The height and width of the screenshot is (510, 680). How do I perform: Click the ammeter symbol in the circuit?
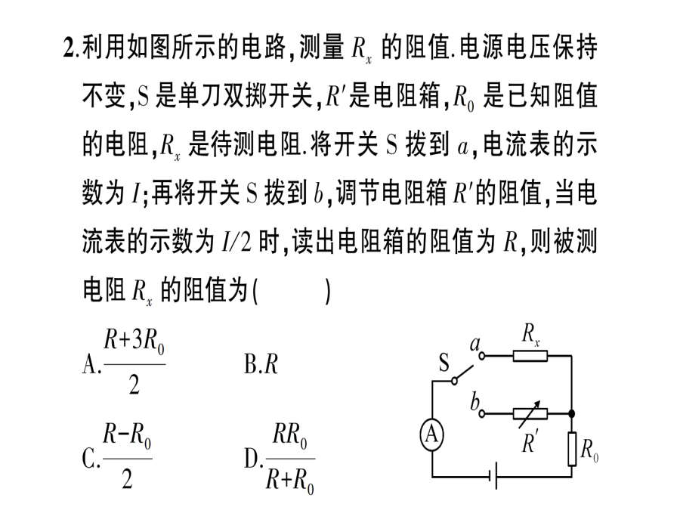pyautogui.click(x=432, y=434)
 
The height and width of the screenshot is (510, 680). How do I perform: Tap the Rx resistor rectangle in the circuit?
pyautogui.click(x=530, y=356)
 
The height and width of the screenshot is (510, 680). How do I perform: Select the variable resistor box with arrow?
pyautogui.click(x=530, y=414)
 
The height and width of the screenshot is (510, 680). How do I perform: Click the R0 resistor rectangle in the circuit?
pyautogui.click(x=572, y=449)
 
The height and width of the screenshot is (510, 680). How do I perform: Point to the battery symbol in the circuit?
pyautogui.click(x=493, y=477)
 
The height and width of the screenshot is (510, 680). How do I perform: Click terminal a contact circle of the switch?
pyautogui.click(x=482, y=356)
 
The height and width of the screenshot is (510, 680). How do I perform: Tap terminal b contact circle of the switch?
pyautogui.click(x=482, y=414)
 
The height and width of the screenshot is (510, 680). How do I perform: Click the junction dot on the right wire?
pyautogui.click(x=572, y=414)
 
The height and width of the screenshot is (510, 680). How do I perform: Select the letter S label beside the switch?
pyautogui.click(x=444, y=362)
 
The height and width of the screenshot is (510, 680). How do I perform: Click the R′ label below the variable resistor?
pyautogui.click(x=530, y=441)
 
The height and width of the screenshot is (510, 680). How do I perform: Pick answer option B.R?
pyautogui.click(x=261, y=363)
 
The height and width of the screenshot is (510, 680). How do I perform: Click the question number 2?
pyautogui.click(x=69, y=48)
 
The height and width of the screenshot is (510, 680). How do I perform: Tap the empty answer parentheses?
pyautogui.click(x=292, y=291)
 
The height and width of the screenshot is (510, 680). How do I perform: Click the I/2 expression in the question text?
pyautogui.click(x=236, y=241)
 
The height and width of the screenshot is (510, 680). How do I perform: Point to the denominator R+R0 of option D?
pyautogui.click(x=289, y=481)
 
